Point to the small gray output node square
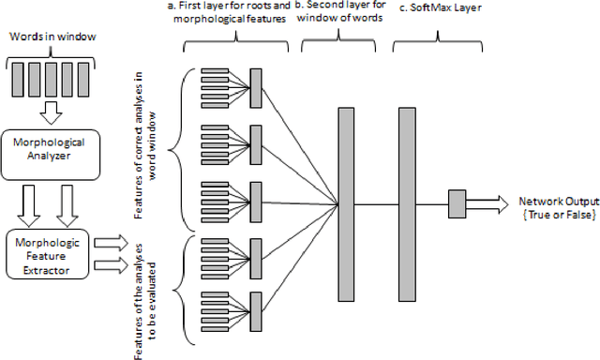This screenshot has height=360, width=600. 457,203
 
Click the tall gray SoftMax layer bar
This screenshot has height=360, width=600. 406,203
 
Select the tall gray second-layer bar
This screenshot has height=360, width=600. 345,203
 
